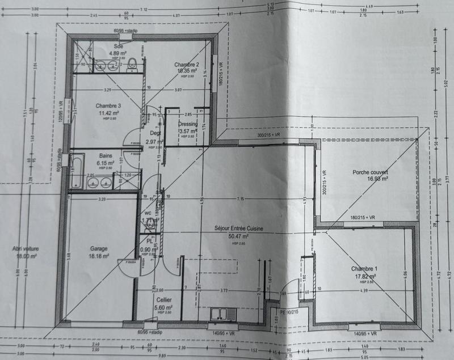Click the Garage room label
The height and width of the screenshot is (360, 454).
coord(99,248)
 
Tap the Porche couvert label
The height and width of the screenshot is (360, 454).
coord(369,172)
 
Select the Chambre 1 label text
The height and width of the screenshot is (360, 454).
coord(363,268)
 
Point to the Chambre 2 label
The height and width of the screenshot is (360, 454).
coord(186,65)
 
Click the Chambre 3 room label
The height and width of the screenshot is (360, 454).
coord(108,106)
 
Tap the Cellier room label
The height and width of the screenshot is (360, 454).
coord(165,301)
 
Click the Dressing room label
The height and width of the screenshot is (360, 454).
coord(187,124)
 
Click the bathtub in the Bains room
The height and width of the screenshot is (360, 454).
coord(76,172)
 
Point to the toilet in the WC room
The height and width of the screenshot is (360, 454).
coord(150,225)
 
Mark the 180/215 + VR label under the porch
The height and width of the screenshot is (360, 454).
coord(363,217)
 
